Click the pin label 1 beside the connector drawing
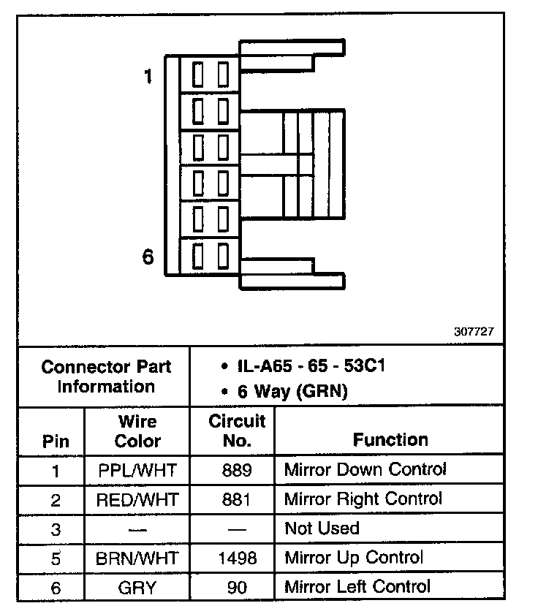(x=148, y=76)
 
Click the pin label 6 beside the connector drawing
(x=148, y=257)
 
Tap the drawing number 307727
(x=474, y=331)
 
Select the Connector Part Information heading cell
(x=105, y=376)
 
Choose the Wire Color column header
(x=137, y=431)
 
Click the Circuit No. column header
(x=237, y=431)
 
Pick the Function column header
(x=390, y=440)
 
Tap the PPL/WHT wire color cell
(x=137, y=470)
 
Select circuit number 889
(x=237, y=470)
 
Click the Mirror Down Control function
(x=365, y=469)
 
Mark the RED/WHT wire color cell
(x=137, y=500)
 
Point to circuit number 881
(x=237, y=500)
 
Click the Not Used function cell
(x=322, y=528)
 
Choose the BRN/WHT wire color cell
(x=137, y=558)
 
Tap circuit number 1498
(x=237, y=558)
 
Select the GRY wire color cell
(x=137, y=587)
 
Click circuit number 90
(x=237, y=587)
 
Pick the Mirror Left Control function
(x=357, y=586)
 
